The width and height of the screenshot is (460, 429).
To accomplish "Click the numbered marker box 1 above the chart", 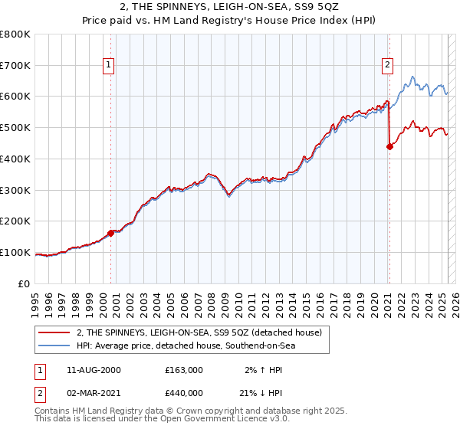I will click(110, 66).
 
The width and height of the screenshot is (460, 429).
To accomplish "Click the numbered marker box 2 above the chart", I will click(389, 66).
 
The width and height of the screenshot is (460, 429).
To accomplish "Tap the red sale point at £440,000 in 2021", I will click(389, 146).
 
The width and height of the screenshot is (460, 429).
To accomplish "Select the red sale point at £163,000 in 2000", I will click(111, 233).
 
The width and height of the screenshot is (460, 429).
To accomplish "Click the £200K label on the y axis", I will click(15, 221).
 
